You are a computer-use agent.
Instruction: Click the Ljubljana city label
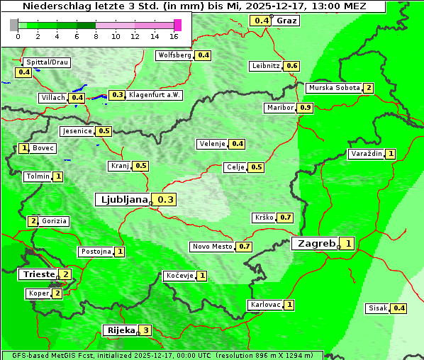122,200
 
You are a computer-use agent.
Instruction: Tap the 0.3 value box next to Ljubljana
165,200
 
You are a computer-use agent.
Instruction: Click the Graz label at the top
286,21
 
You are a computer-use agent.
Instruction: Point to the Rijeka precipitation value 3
145,330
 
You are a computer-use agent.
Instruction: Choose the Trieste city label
38,274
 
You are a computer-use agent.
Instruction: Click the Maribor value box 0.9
305,108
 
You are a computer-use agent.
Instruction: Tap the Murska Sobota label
333,88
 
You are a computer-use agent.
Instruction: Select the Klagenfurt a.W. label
155,95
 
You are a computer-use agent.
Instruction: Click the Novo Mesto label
212,247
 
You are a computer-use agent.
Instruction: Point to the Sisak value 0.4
399,308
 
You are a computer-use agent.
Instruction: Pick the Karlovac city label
265,305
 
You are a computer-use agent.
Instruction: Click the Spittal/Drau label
47,62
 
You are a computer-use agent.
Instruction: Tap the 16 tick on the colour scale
174,35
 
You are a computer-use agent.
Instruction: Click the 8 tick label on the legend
96,35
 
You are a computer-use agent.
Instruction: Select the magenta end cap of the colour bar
177,25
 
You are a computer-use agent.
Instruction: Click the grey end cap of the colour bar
14,25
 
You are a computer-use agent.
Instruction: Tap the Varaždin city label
366,154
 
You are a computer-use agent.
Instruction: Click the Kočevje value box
201,276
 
